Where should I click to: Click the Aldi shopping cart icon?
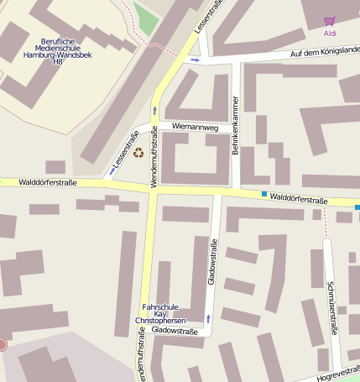329,21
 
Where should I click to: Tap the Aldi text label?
329,33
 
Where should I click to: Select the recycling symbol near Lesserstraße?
138,152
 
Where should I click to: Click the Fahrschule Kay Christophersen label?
159,314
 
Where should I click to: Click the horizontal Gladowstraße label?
175,331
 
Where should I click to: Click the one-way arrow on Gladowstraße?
207,318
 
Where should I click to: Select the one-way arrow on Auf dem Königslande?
195,60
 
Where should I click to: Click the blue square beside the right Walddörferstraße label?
264,195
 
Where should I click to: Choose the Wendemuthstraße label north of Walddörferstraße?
154,163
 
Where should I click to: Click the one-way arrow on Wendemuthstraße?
154,110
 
